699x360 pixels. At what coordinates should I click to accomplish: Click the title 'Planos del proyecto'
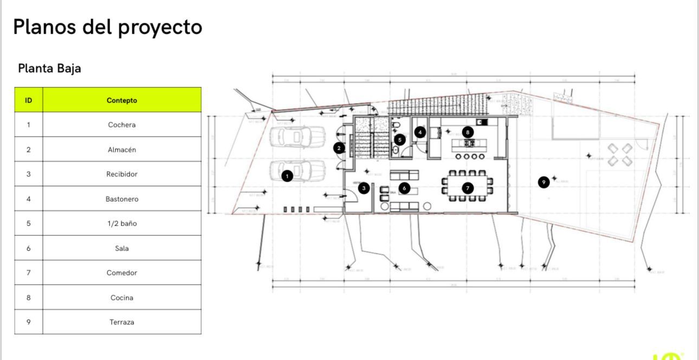(x=107, y=27)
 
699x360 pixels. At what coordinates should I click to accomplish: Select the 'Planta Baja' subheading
(x=49, y=68)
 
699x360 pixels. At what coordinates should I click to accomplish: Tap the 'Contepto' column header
(x=122, y=100)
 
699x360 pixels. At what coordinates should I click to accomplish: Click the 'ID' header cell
(x=29, y=100)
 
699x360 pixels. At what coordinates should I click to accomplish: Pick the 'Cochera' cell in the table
(x=122, y=125)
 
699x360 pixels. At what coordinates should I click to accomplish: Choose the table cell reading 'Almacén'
(x=122, y=150)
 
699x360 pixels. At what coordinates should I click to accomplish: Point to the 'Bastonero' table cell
(x=122, y=199)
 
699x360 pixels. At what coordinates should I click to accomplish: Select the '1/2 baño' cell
(x=122, y=223)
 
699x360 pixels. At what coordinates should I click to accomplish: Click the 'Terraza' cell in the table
(x=122, y=322)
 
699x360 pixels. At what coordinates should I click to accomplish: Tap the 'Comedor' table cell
(x=122, y=273)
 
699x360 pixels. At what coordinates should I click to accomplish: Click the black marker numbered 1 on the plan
(x=287, y=176)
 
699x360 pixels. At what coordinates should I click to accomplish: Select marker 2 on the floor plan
(x=339, y=147)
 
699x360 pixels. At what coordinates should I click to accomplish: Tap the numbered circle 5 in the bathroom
(x=400, y=140)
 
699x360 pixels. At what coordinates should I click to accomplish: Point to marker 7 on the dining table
(x=468, y=188)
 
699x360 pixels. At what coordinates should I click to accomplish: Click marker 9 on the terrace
(x=544, y=182)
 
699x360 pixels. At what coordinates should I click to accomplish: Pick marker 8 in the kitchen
(x=468, y=132)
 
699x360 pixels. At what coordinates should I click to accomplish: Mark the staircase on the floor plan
(x=371, y=142)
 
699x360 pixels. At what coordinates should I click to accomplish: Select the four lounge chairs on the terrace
(x=620, y=154)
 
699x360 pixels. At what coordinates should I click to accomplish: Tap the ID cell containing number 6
(x=29, y=248)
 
